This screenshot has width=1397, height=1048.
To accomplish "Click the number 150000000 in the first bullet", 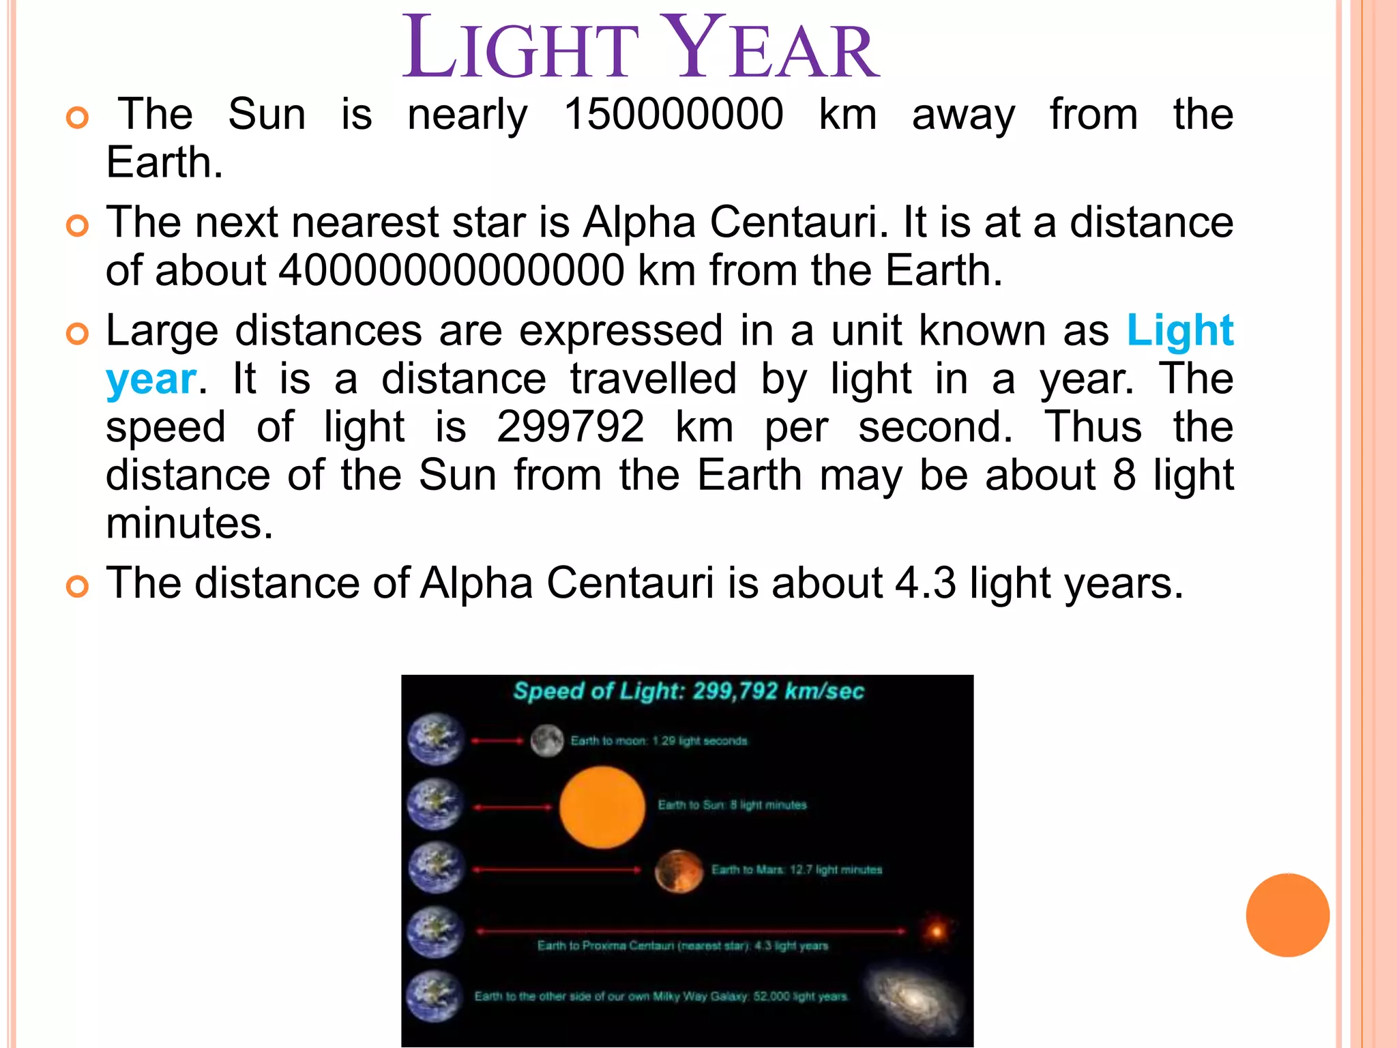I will [x=673, y=114].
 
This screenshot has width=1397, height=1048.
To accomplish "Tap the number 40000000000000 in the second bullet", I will [x=451, y=270].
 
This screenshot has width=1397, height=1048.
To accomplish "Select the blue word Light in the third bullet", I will [x=1179, y=331].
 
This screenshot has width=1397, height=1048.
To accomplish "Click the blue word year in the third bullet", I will [x=151, y=379].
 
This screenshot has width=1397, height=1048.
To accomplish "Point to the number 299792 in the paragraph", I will [x=570, y=427].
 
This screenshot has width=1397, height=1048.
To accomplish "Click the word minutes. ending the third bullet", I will [x=189, y=524].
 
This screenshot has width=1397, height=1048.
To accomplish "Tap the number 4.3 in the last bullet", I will [x=925, y=583].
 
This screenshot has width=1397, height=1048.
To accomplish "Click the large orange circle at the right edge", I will [x=1287, y=915].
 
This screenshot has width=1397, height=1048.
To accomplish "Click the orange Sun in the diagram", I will [x=602, y=806].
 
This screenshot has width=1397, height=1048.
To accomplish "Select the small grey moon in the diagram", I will [x=546, y=740].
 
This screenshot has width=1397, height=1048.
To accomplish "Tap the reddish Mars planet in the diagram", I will [x=678, y=871].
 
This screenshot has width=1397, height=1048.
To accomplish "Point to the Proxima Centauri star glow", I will [x=937, y=931].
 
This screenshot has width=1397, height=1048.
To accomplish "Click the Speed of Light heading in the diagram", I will [x=688, y=691].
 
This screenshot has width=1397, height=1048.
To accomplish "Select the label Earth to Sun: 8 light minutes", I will [x=731, y=805].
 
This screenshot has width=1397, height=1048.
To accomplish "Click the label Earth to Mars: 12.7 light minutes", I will [x=796, y=870].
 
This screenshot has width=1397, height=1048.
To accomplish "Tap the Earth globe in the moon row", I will [x=435, y=740].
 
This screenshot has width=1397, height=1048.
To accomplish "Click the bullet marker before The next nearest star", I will [x=78, y=226].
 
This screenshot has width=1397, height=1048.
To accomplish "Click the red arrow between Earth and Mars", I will [x=556, y=870].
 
